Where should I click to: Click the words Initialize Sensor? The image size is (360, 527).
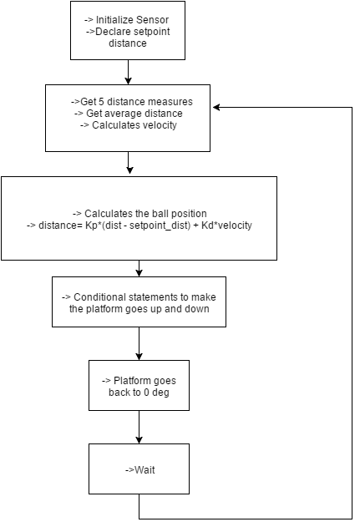click(x=132, y=20)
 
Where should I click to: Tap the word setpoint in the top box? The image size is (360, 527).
click(x=151, y=32)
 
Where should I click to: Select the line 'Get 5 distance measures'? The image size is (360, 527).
click(x=136, y=102)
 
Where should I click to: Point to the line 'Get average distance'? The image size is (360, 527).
click(x=134, y=114)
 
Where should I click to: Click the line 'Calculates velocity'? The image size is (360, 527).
click(x=134, y=125)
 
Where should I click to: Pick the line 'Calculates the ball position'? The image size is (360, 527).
click(x=145, y=214)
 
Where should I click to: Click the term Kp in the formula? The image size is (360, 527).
click(x=91, y=225)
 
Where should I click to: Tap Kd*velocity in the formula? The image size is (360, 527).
click(x=226, y=225)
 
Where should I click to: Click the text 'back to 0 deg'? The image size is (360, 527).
click(x=139, y=393)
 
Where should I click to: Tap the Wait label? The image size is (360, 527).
click(x=145, y=470)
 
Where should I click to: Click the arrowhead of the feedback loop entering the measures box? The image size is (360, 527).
click(x=216, y=107)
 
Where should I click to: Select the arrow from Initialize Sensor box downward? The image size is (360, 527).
click(x=128, y=72)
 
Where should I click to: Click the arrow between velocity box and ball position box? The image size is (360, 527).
click(x=129, y=163)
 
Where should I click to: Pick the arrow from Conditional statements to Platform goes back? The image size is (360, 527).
click(x=139, y=343)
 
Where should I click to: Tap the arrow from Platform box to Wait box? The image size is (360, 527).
click(x=139, y=427)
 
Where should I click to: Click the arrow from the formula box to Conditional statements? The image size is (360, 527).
click(x=139, y=268)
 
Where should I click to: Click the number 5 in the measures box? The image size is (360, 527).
click(x=101, y=102)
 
